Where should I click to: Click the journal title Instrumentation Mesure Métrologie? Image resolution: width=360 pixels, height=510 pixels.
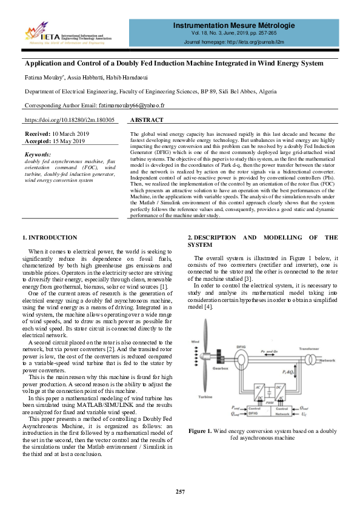(233, 25)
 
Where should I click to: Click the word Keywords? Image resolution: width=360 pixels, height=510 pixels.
(39, 154)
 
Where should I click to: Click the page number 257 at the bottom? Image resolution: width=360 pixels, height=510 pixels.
(180, 491)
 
